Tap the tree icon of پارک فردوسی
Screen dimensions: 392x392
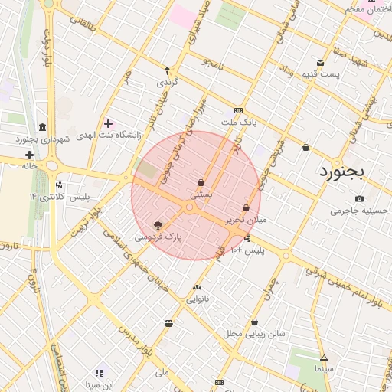158,226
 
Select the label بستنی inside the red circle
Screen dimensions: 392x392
201,195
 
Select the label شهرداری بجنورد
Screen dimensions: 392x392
42,139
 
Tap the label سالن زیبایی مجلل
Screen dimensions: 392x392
253,334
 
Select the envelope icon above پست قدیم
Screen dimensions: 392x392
320,62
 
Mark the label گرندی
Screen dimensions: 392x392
167,81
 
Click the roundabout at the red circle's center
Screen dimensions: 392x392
189,207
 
